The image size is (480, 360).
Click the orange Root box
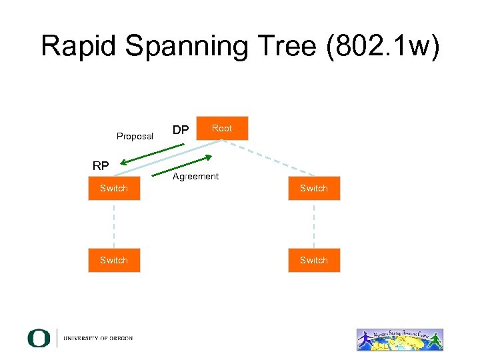[x=222, y=128]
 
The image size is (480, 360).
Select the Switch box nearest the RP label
[x=114, y=188]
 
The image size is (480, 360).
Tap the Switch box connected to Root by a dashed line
[x=314, y=188]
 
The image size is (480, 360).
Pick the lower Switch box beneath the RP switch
[x=114, y=260]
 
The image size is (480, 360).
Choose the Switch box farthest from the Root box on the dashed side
[x=314, y=260]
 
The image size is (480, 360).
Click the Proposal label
[x=135, y=136]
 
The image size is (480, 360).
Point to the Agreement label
[x=195, y=177]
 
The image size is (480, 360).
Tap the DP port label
[x=181, y=129]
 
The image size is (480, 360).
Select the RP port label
[x=101, y=165]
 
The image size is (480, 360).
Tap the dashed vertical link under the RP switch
[x=114, y=224]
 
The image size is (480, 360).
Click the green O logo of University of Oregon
[x=39, y=338]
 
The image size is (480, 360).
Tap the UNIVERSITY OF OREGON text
[x=98, y=339]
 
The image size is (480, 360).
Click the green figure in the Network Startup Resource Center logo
[x=435, y=340]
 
